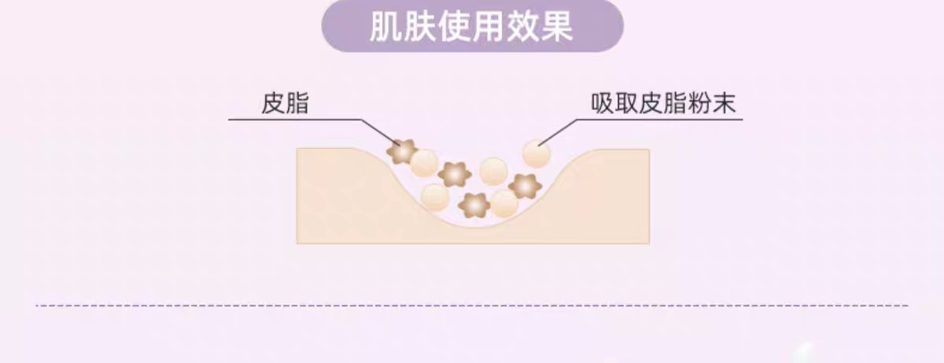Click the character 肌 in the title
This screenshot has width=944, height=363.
(x=383, y=28)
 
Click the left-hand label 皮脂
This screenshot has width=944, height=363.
(x=285, y=104)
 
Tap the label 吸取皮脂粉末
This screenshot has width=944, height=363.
(x=664, y=104)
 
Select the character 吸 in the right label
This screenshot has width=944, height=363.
(x=603, y=104)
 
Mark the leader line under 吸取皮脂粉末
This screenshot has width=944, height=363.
(x=661, y=120)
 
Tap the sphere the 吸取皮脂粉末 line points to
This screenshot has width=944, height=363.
(x=537, y=154)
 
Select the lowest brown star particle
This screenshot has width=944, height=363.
(x=474, y=205)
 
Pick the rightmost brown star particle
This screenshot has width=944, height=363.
(x=525, y=187)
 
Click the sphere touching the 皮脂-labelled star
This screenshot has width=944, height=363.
(x=424, y=163)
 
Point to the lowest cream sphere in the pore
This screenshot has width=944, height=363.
(x=504, y=203)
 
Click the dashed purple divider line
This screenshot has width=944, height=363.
(x=472, y=305)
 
